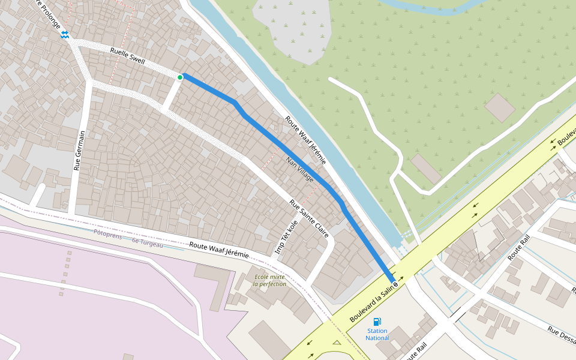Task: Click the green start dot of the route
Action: (180, 77)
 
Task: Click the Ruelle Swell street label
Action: (128, 56)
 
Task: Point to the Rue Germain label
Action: (77, 151)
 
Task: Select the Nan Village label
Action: (300, 170)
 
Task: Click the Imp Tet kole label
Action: (286, 238)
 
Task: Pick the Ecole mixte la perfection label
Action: (270, 280)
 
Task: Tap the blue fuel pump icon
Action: (377, 322)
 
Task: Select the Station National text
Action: (377, 334)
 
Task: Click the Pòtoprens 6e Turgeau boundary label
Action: (128, 238)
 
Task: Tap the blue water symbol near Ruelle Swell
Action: (64, 35)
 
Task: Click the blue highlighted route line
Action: (288, 150)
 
